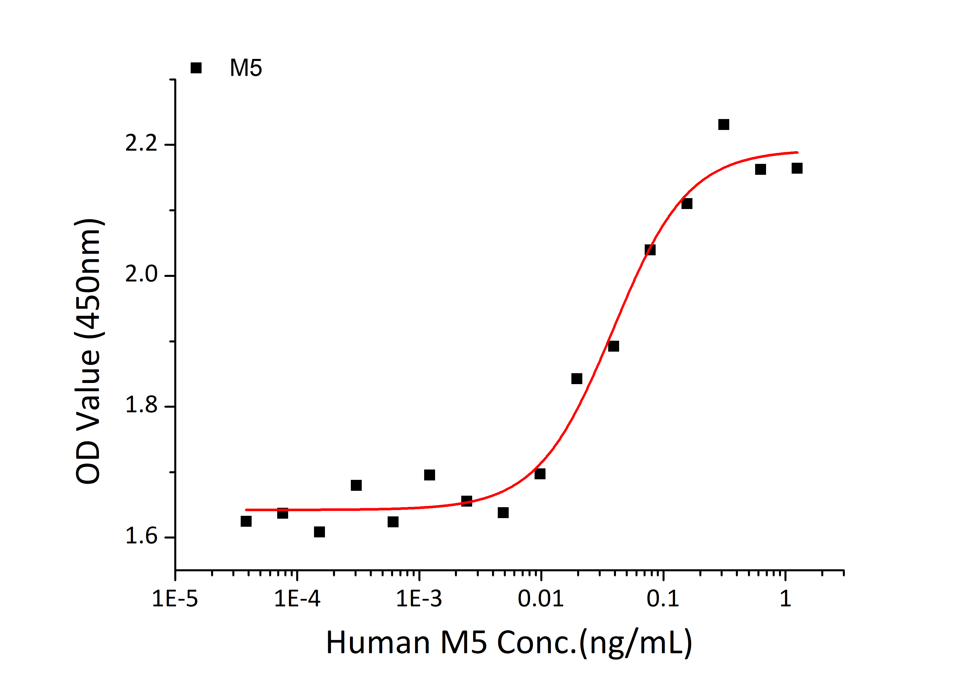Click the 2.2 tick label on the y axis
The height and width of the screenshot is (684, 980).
point(141,143)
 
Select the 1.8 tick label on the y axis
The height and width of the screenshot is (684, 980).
point(141,405)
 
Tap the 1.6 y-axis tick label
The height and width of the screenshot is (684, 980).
point(141,537)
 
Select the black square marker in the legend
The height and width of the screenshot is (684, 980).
point(196,68)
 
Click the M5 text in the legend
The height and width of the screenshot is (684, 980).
point(246,68)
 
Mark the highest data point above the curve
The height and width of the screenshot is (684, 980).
point(723,124)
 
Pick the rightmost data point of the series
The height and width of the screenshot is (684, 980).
point(797,168)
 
